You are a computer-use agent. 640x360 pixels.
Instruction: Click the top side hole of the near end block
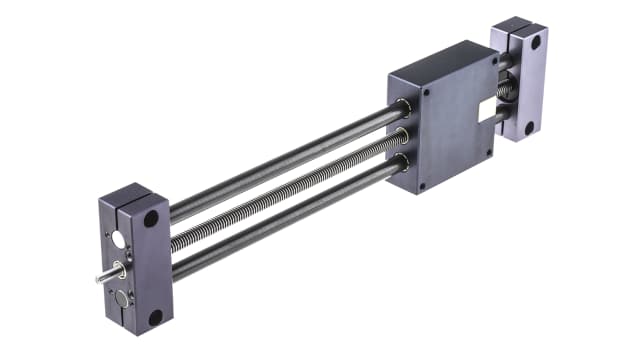coord(150,218)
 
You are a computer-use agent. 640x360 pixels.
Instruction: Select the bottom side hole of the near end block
coord(155,317)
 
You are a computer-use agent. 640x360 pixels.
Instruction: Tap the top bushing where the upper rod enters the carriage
coord(402,107)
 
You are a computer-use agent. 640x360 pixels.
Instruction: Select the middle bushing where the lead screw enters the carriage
coord(402,133)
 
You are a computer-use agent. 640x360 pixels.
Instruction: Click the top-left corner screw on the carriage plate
coord(425,91)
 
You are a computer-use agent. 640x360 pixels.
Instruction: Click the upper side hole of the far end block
coord(536,43)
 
